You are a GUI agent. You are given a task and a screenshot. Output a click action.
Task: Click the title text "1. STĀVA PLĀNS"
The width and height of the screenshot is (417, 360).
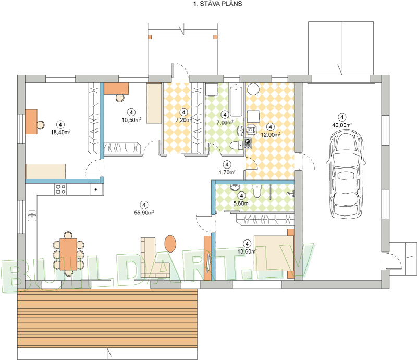217,4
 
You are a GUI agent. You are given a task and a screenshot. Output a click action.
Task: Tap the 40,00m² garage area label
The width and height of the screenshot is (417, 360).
342,125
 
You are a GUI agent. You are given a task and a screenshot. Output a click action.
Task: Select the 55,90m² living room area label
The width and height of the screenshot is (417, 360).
144,212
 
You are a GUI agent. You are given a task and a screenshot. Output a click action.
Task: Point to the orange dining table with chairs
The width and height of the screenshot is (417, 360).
68,254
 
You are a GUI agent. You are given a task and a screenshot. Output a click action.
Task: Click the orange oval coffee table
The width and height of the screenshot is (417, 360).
170,243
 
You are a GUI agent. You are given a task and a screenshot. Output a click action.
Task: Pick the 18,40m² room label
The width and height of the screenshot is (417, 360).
60,132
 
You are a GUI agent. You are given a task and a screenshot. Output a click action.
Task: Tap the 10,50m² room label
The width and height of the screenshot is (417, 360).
131,120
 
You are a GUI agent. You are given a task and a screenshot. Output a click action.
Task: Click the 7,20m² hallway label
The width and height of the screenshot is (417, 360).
183,120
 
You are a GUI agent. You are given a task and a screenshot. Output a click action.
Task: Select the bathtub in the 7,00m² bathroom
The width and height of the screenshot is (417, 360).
236,100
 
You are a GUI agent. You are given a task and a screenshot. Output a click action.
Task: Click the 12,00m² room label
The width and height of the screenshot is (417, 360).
271,135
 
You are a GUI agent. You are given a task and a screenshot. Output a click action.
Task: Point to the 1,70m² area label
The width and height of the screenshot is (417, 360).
227,172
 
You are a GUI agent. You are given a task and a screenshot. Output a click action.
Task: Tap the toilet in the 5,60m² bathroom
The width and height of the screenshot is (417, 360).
257,191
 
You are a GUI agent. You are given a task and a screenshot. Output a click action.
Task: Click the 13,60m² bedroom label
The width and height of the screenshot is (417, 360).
247,251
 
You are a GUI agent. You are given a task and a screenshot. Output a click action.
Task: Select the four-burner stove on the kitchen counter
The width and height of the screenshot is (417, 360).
60,189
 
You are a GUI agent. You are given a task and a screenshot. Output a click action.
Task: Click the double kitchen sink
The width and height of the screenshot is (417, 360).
32,215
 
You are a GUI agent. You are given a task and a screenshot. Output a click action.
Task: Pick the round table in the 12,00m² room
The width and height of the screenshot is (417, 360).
253,89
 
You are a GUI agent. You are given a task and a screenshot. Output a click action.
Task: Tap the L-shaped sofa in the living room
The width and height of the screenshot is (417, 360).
155,257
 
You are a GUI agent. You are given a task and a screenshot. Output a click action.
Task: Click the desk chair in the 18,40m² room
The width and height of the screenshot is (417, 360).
41,125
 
